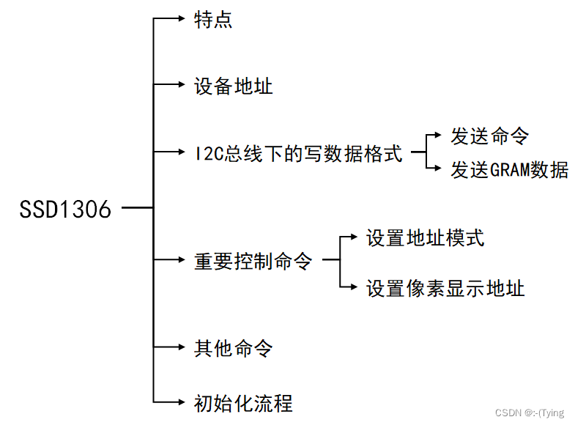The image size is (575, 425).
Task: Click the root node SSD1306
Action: click(65, 210)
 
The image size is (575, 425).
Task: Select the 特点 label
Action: click(213, 20)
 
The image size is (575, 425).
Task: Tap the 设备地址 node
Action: click(233, 86)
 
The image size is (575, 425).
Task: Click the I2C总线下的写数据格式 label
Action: click(298, 154)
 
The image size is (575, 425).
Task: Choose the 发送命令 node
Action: click(489, 136)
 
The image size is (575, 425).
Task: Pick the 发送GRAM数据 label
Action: click(509, 170)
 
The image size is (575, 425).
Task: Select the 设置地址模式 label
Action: click(425, 238)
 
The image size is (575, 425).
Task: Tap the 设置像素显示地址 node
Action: click(445, 288)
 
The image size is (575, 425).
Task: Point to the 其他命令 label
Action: click(233, 348)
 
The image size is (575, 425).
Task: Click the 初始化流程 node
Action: click(243, 403)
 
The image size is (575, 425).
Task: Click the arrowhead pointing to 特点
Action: click(185, 19)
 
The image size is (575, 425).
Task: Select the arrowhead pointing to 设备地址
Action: click(185, 86)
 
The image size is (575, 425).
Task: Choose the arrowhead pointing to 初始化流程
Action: click(185, 402)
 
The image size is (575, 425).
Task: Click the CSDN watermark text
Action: click(530, 413)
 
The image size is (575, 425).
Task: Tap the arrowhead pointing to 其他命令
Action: click(185, 347)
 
